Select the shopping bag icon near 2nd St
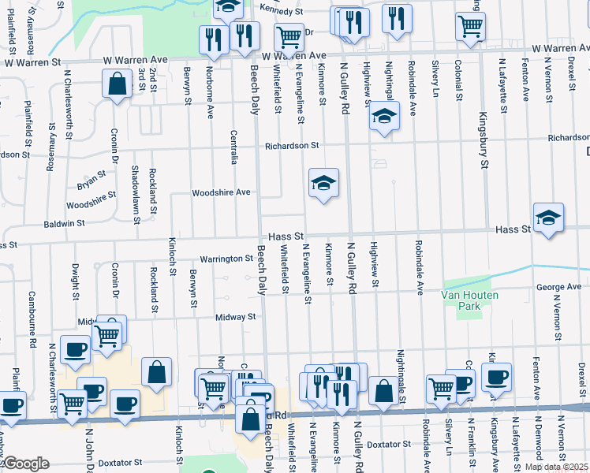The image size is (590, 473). (x=117, y=84)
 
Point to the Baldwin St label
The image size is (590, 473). (x=65, y=224)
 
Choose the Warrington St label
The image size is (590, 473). (x=225, y=259)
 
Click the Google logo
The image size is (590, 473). (x=25, y=464)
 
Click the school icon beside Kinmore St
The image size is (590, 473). (x=323, y=184)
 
